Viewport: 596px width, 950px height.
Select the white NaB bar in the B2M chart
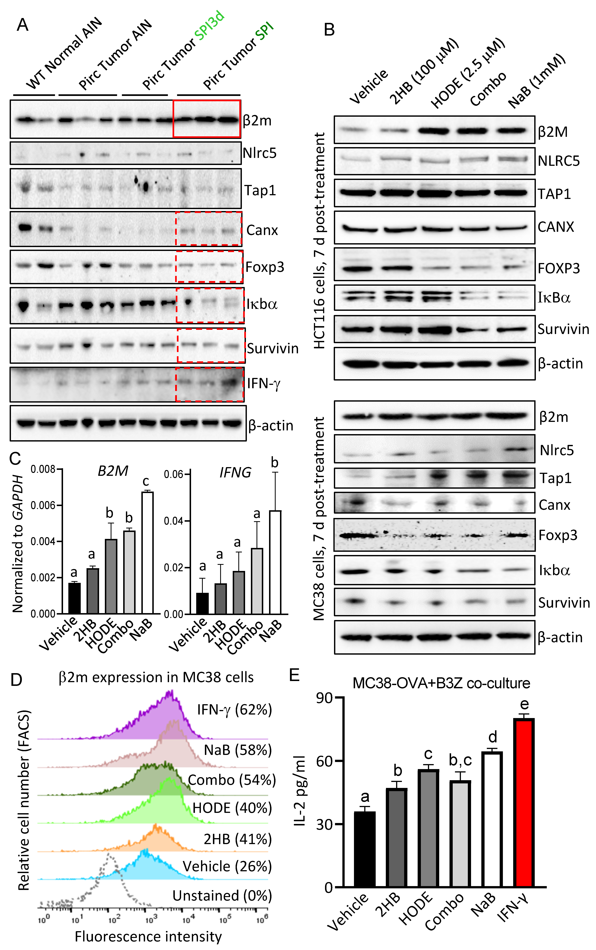(x=147, y=552)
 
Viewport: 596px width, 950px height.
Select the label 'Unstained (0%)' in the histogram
(x=222, y=896)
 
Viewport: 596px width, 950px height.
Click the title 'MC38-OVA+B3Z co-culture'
(x=441, y=683)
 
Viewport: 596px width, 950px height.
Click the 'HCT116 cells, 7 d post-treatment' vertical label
(x=319, y=241)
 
